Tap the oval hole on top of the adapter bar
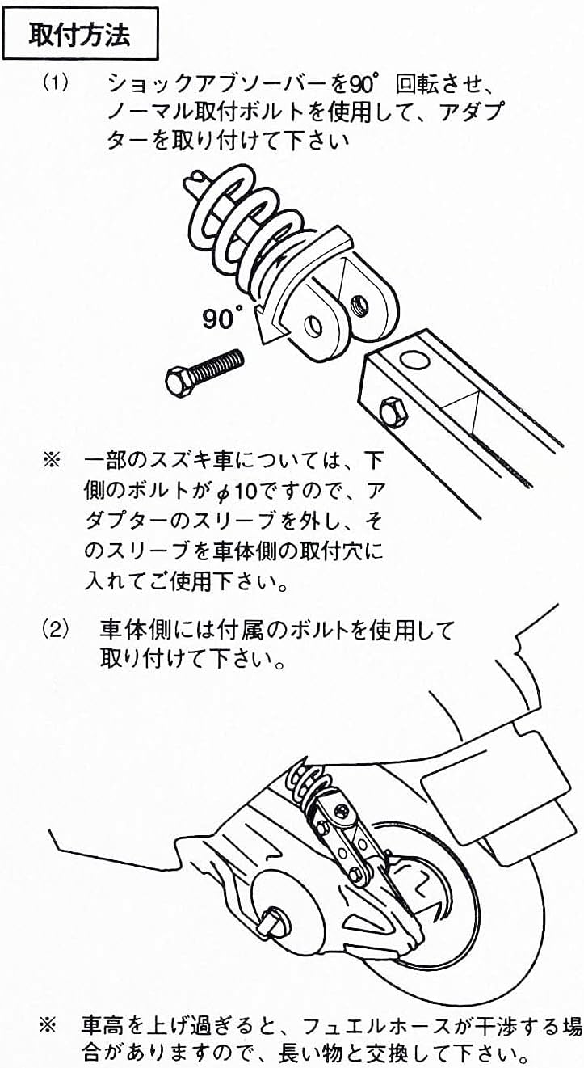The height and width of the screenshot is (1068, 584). [x=414, y=360]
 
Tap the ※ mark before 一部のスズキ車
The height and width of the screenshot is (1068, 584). [x=52, y=461]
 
